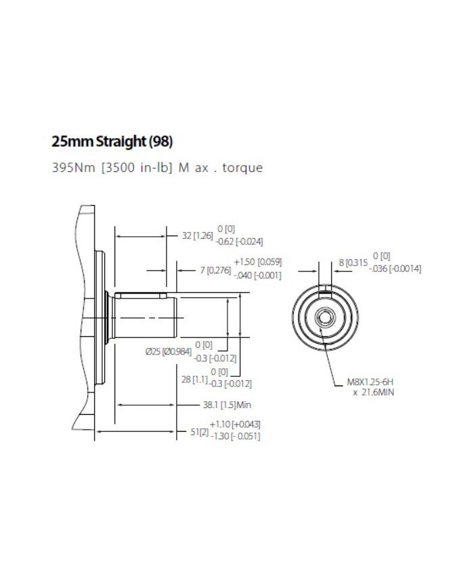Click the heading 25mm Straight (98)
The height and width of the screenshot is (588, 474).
[112, 142]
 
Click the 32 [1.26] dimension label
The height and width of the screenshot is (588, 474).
[198, 235]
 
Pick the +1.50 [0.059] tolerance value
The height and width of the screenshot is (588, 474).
[257, 261]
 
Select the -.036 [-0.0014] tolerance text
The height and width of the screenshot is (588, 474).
[395, 269]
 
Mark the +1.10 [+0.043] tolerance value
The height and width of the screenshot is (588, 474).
[235, 424]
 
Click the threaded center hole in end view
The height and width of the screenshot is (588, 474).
[326, 316]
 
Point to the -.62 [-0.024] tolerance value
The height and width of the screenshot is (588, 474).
[239, 242]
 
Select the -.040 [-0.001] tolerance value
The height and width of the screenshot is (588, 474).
[257, 275]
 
